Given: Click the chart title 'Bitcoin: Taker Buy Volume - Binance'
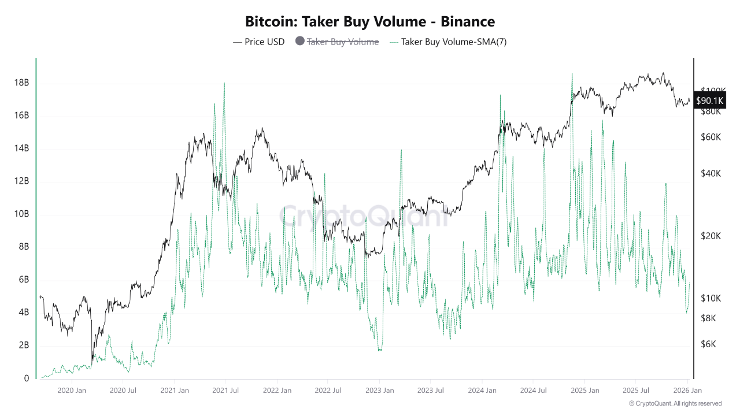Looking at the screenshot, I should [x=370, y=22].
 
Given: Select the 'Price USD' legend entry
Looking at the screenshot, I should [x=258, y=42].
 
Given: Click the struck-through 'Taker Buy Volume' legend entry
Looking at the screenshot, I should [x=342, y=42].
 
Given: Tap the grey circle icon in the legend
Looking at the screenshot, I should [x=299, y=41].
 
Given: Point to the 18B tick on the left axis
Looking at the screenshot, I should [x=21, y=83].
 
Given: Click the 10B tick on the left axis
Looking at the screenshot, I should [x=21, y=214].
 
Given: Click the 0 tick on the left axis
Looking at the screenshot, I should [x=26, y=378].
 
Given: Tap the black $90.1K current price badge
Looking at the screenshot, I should [x=709, y=101].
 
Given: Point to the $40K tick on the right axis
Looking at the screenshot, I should [x=710, y=173].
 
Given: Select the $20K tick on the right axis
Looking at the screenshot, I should [x=710, y=236].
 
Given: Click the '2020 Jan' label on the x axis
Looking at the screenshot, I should [x=72, y=391].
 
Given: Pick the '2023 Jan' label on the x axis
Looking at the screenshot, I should [x=379, y=391].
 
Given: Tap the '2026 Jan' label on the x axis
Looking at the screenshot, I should [x=687, y=391].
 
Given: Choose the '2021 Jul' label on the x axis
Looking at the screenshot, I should [x=225, y=391].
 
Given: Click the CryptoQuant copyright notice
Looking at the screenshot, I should [x=675, y=403].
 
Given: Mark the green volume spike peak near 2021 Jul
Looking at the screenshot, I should [x=224, y=83].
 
